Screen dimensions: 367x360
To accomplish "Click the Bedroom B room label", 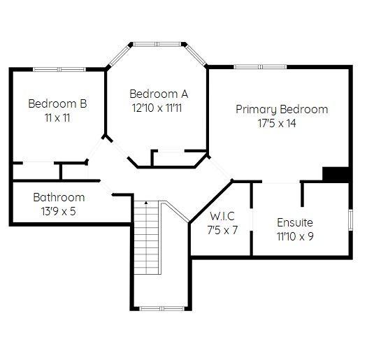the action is pos(57,103).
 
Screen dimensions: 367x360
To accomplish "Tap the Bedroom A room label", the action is pos(159,94).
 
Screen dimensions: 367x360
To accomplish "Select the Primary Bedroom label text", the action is pos(282,110).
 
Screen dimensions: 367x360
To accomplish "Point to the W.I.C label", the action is pos(222,216).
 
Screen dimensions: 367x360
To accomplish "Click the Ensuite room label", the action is pos(295,222).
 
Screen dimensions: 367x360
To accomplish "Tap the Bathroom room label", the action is pos(59,197).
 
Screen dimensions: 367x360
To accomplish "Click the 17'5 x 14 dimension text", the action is pos(277,123).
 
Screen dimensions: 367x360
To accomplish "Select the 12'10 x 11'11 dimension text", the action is pos(157,108).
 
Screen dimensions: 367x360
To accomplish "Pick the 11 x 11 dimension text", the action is pos(57,117).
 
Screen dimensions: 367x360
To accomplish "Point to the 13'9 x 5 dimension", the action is pos(59,211).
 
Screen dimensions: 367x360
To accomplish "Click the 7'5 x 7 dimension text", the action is pos(222,230).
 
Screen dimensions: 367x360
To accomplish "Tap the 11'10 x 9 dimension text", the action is pos(295,236).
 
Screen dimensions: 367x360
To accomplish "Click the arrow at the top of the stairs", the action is pos(146,203).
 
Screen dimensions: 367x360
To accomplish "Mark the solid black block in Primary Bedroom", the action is pos(336,174).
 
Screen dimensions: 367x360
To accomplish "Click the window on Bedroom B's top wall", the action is pos(59,69).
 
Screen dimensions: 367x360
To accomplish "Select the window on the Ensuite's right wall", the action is pos(350,219).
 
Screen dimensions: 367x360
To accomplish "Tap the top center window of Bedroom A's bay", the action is pos(157,44).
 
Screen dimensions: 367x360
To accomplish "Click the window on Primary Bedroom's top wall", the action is pos(260,66).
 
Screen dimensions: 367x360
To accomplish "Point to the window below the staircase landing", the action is pos(162,308).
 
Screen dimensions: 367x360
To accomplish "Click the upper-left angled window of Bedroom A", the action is pos(120,55).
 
